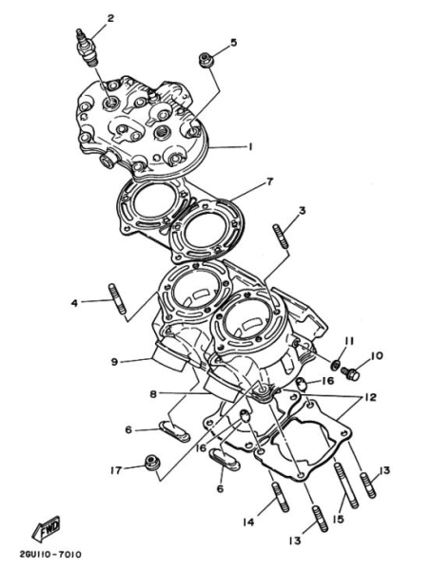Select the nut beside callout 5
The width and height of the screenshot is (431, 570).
pos(205,61)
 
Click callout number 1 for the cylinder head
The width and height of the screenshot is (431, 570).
pos(250,147)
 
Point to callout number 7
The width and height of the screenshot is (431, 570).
pos(269,181)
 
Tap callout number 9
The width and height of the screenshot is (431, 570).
pos(114,362)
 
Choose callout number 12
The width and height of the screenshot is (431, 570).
pos(369,397)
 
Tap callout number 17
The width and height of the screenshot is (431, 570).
pos(114,469)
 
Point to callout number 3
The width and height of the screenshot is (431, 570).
pos(302,211)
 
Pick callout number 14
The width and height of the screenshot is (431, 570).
pos(248,521)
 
